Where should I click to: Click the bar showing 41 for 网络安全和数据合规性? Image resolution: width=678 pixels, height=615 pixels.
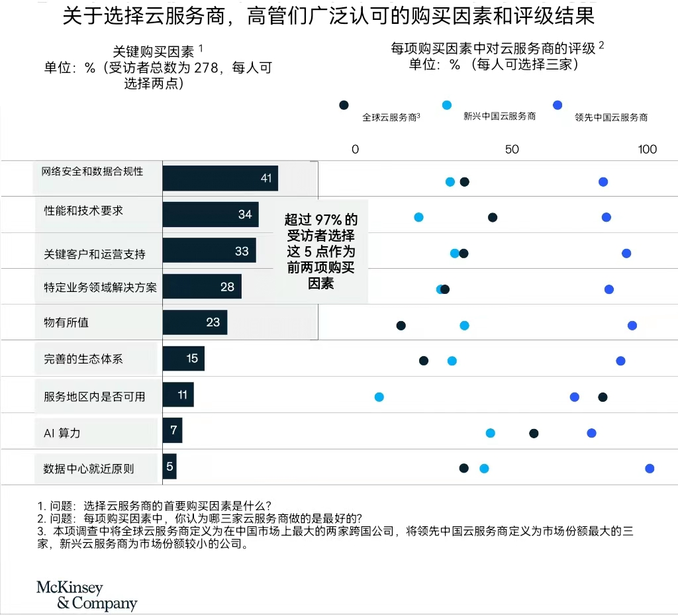[220, 178]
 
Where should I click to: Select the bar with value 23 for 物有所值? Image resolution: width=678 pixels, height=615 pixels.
[195, 322]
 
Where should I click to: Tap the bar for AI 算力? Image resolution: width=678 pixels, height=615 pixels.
[172, 430]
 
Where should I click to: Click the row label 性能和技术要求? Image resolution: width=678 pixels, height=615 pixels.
[83, 211]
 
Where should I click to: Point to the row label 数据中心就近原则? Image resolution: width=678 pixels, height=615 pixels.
[89, 469]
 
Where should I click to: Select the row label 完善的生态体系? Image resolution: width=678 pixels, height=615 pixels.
[83, 359]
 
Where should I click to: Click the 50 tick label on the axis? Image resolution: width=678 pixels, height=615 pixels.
[512, 149]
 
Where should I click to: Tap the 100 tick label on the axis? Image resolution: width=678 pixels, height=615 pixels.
[647, 149]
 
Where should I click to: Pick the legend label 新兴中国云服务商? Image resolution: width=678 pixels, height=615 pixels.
[499, 116]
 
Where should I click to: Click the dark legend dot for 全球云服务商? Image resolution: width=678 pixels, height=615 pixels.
[344, 105]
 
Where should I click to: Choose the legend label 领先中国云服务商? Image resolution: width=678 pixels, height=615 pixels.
[611, 117]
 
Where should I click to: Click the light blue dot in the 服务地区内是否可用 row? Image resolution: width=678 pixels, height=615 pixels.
[379, 397]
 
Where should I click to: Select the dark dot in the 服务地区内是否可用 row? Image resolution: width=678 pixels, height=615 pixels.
[603, 397]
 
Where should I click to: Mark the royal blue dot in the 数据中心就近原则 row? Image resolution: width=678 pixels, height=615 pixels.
[650, 469]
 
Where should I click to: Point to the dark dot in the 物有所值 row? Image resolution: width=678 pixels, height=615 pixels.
[401, 325]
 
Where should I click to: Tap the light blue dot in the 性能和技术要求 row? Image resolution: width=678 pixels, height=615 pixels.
[418, 217]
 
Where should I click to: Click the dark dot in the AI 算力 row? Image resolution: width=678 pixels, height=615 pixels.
[534, 434]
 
